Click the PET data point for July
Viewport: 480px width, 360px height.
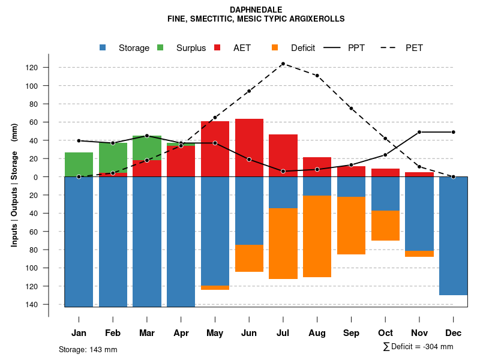tap(283, 64)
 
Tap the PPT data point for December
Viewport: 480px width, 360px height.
tap(454, 132)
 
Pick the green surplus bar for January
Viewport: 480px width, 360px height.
tap(79, 164)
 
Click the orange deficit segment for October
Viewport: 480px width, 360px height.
tap(385, 226)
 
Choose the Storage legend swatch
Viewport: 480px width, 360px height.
tap(103, 47)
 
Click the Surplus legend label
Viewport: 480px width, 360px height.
tap(191, 48)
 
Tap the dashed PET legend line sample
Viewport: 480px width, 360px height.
tap(391, 48)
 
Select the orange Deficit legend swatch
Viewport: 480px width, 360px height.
tap(275, 47)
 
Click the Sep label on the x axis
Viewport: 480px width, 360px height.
tap(351, 333)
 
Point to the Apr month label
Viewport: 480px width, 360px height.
tap(181, 333)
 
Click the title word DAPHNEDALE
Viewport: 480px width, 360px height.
tap(256, 10)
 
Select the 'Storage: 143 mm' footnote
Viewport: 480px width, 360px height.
tap(88, 349)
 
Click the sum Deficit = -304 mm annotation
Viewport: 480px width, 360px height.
tap(418, 346)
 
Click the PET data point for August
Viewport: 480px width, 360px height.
tap(317, 76)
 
